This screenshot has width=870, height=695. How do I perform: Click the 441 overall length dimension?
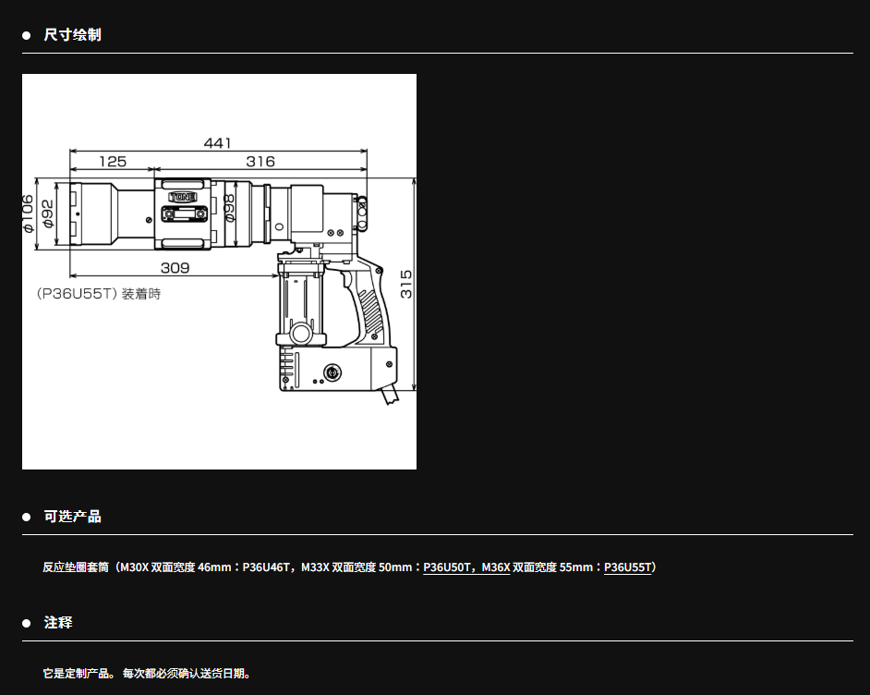[218, 143]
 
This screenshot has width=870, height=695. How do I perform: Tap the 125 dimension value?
[113, 162]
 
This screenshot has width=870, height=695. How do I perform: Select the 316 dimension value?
[260, 162]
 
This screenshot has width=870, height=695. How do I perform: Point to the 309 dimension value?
[175, 268]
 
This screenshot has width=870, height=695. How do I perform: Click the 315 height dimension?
[406, 285]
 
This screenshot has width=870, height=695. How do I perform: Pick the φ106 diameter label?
[28, 213]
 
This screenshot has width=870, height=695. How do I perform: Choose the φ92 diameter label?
[48, 213]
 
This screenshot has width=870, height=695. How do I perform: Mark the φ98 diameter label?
[229, 208]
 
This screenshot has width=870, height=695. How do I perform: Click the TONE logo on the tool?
[183, 197]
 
